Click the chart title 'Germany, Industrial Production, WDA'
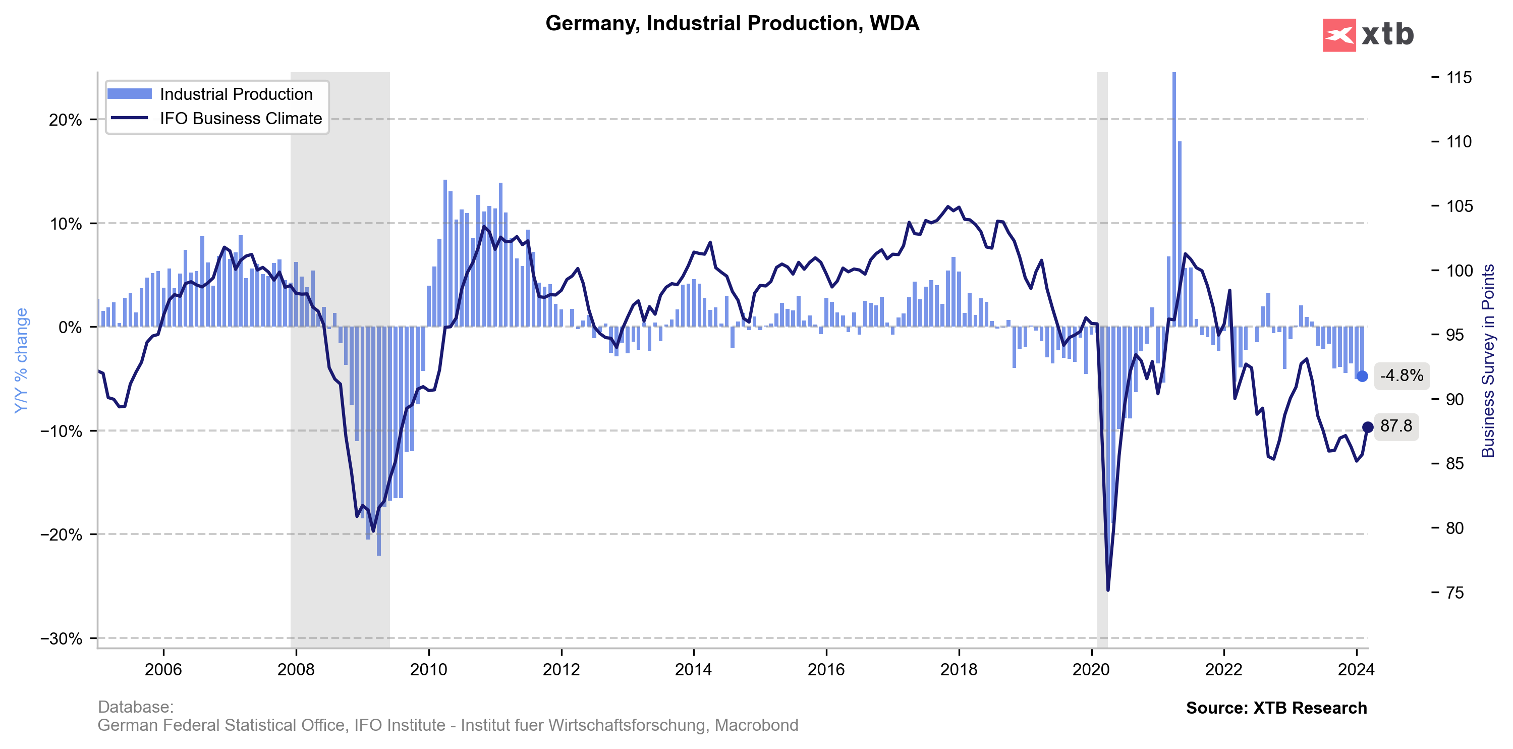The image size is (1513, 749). tap(732, 24)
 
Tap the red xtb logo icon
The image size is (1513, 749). tap(1338, 35)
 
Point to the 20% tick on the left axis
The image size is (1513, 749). tap(65, 120)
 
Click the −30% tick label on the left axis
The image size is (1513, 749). tap(61, 638)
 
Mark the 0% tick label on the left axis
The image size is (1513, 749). tap(70, 327)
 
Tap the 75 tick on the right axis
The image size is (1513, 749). tap(1454, 593)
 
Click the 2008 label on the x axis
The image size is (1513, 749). tap(296, 670)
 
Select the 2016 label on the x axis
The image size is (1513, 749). tap(826, 670)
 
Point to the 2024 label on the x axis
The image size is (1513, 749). tap(1356, 670)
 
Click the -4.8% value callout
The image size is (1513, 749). tap(1402, 376)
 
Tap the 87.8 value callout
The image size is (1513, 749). tap(1396, 426)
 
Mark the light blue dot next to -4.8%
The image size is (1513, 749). tap(1362, 376)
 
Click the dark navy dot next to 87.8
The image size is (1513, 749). tap(1367, 427)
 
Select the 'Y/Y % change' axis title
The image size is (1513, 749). tap(21, 360)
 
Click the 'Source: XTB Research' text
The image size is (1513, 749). tap(1276, 708)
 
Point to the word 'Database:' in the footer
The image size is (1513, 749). tap(136, 707)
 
